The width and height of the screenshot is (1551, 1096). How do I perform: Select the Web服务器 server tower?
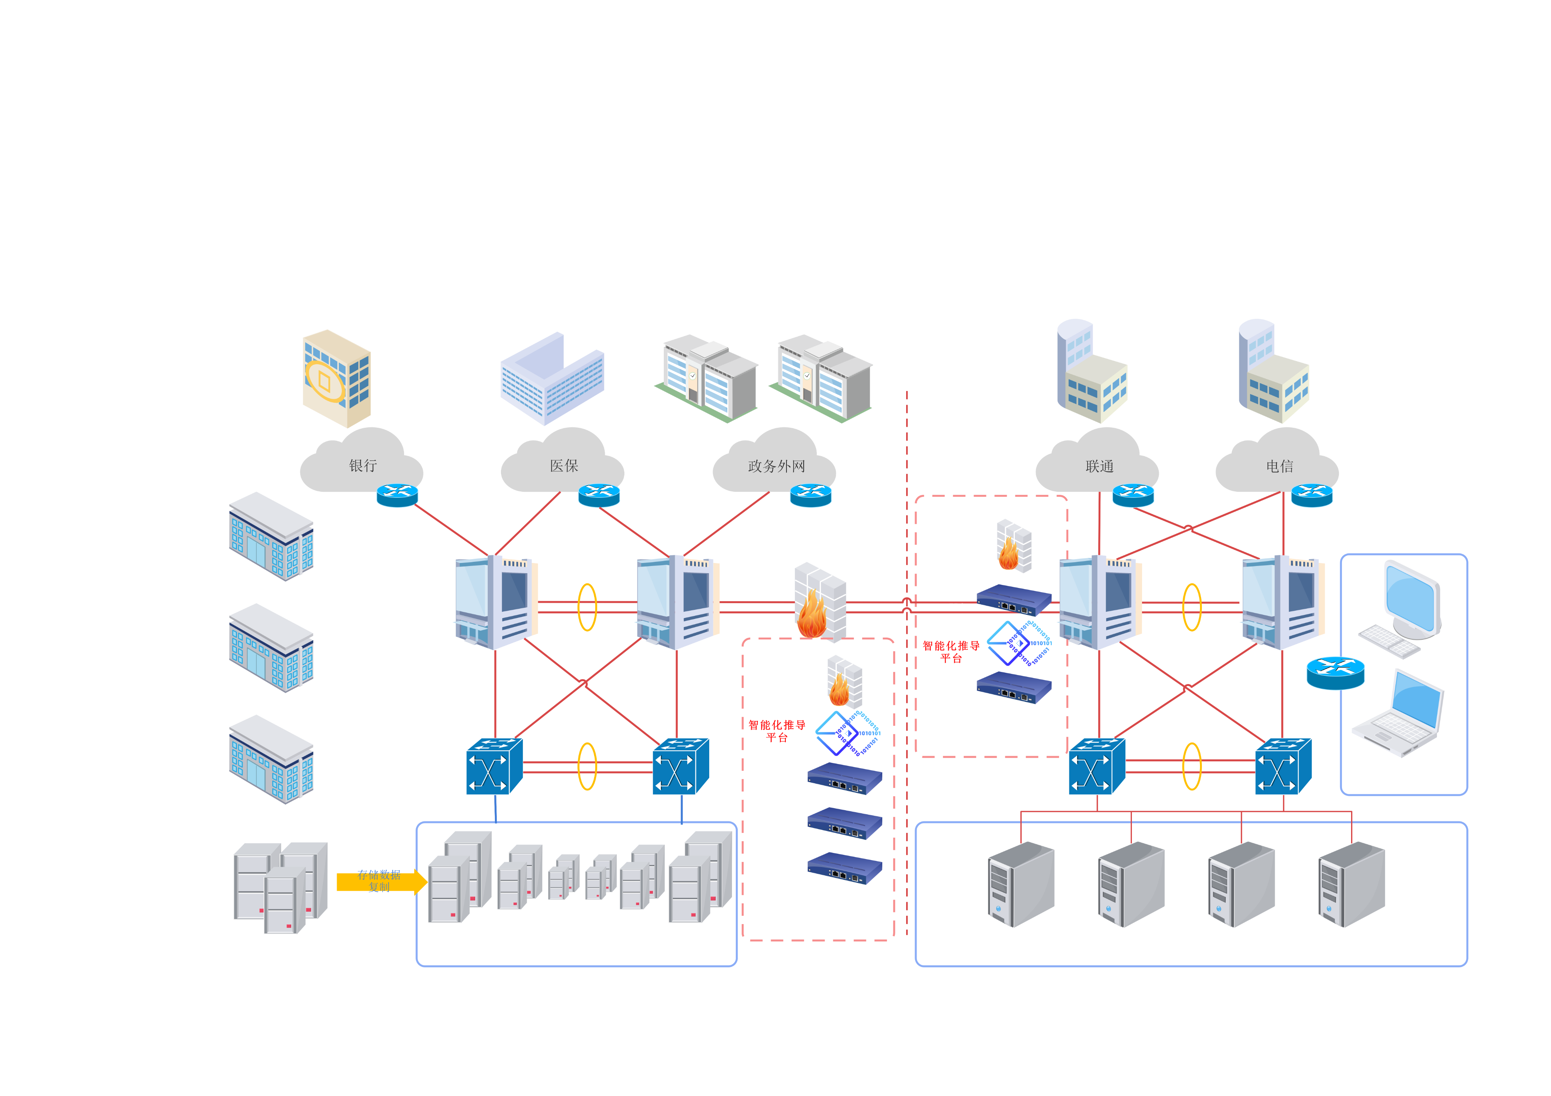(1020, 885)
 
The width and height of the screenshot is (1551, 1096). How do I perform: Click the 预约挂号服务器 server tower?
(1240, 885)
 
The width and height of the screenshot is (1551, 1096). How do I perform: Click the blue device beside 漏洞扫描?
(844, 868)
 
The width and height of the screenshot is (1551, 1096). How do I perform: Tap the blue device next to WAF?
(1013, 688)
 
